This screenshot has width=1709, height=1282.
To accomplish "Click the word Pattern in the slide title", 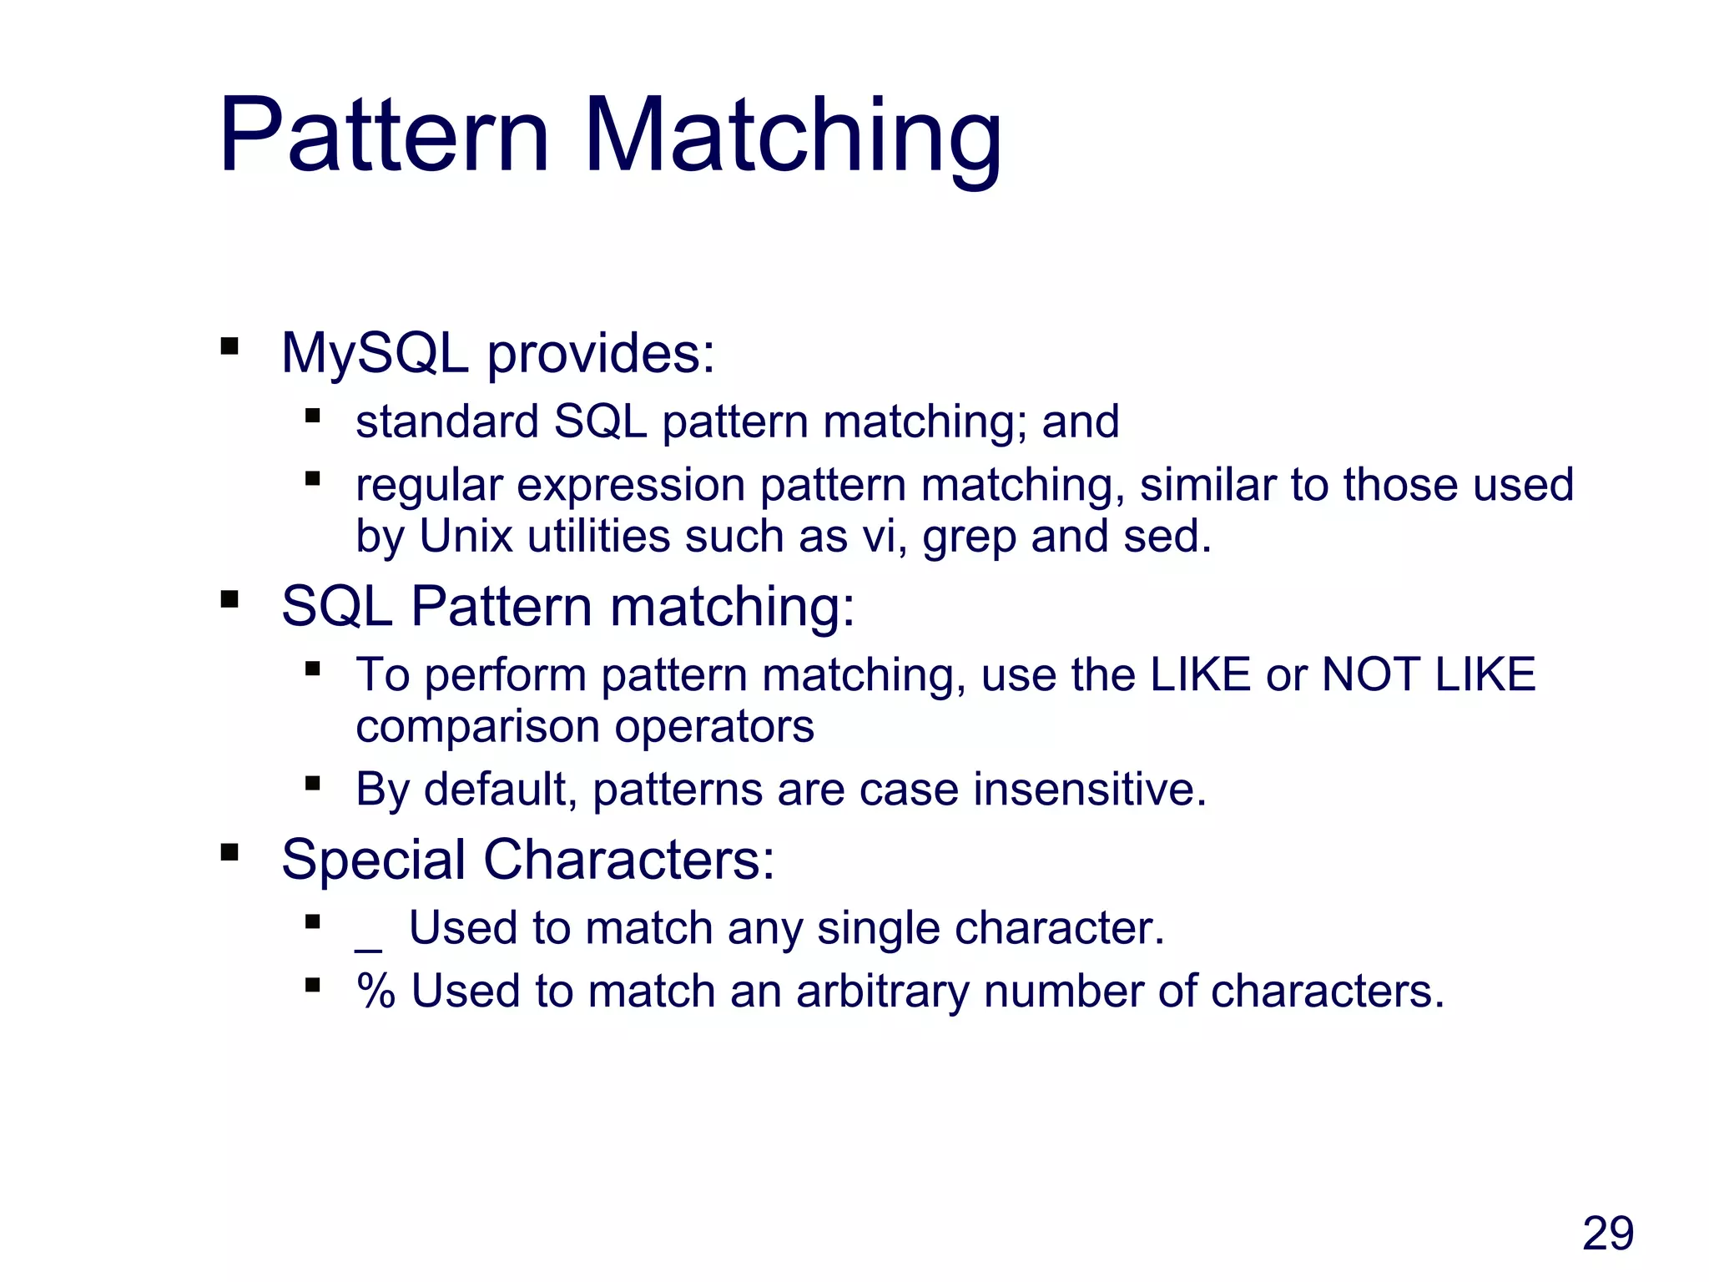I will pyautogui.click(x=384, y=135).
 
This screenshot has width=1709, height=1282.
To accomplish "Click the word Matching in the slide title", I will pyautogui.click(x=792, y=138).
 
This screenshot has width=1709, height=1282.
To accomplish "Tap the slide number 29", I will pyautogui.click(x=1607, y=1234).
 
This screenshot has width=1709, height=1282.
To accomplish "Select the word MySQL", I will pyautogui.click(x=375, y=354).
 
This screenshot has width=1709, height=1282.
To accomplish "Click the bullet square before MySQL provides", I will pyautogui.click(x=229, y=346).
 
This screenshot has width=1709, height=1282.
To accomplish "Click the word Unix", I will pyautogui.click(x=465, y=536).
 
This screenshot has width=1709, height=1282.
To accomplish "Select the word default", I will pyautogui.click(x=499, y=790).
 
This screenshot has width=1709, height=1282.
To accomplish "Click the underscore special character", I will pyautogui.click(x=368, y=948).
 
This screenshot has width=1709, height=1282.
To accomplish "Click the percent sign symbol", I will pyautogui.click(x=376, y=992).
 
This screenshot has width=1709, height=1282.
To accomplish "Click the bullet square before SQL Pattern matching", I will pyautogui.click(x=229, y=599).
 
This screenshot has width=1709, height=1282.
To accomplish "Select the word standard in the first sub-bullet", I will pyautogui.click(x=446, y=421).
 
